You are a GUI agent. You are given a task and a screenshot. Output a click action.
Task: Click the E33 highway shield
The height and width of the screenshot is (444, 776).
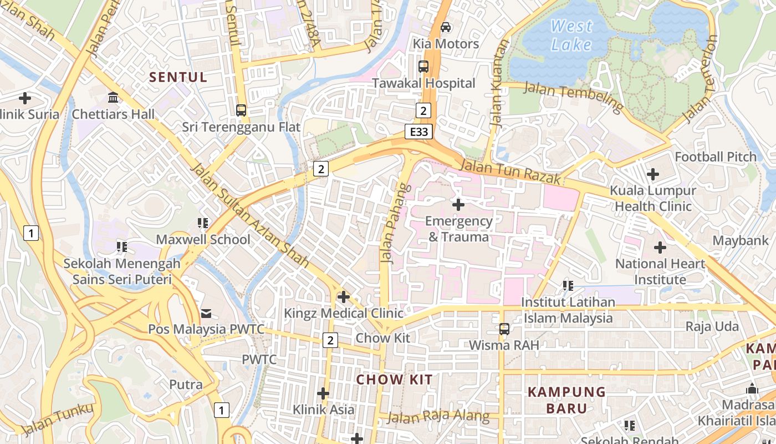click(x=418, y=132)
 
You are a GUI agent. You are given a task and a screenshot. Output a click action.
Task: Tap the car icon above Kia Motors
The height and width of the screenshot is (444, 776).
click(x=445, y=27)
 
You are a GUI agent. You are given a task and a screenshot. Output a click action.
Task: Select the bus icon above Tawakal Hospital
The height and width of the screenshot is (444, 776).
click(x=423, y=67)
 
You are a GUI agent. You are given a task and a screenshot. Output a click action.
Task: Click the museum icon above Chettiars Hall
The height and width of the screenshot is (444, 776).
click(x=114, y=98)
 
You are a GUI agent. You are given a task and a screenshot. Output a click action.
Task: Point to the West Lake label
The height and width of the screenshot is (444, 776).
click(x=571, y=36)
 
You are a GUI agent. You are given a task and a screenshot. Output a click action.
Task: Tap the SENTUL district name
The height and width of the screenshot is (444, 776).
click(x=178, y=77)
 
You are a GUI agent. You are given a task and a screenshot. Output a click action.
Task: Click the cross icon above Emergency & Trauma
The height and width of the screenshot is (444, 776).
click(x=458, y=205)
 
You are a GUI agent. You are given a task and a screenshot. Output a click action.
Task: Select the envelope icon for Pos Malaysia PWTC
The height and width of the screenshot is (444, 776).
click(x=206, y=314)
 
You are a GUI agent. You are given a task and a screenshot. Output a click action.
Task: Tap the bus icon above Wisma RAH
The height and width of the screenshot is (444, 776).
click(x=504, y=329)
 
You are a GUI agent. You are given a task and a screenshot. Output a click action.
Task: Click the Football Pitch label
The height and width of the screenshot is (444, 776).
click(x=716, y=157)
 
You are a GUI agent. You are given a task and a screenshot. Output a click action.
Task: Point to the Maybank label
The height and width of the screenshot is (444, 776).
click(x=741, y=240)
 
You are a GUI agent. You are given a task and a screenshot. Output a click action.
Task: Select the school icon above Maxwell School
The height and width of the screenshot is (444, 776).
click(x=203, y=223)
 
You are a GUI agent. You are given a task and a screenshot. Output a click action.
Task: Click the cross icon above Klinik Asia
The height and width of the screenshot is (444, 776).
click(x=323, y=393)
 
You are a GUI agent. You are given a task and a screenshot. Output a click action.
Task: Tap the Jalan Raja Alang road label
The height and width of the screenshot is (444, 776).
click(x=438, y=417)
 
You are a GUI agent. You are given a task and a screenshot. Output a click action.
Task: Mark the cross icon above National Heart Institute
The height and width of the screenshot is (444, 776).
click(x=660, y=248)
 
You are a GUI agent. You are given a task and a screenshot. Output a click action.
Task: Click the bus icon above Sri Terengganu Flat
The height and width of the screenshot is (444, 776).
click(x=241, y=110)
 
